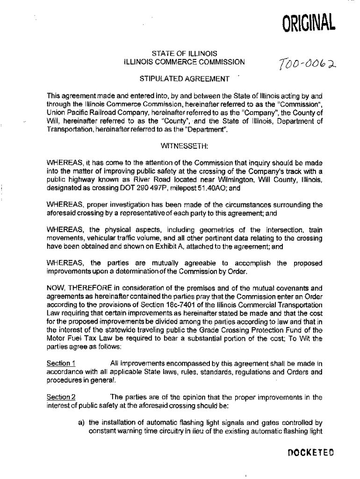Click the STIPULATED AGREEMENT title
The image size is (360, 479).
click(185, 78)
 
